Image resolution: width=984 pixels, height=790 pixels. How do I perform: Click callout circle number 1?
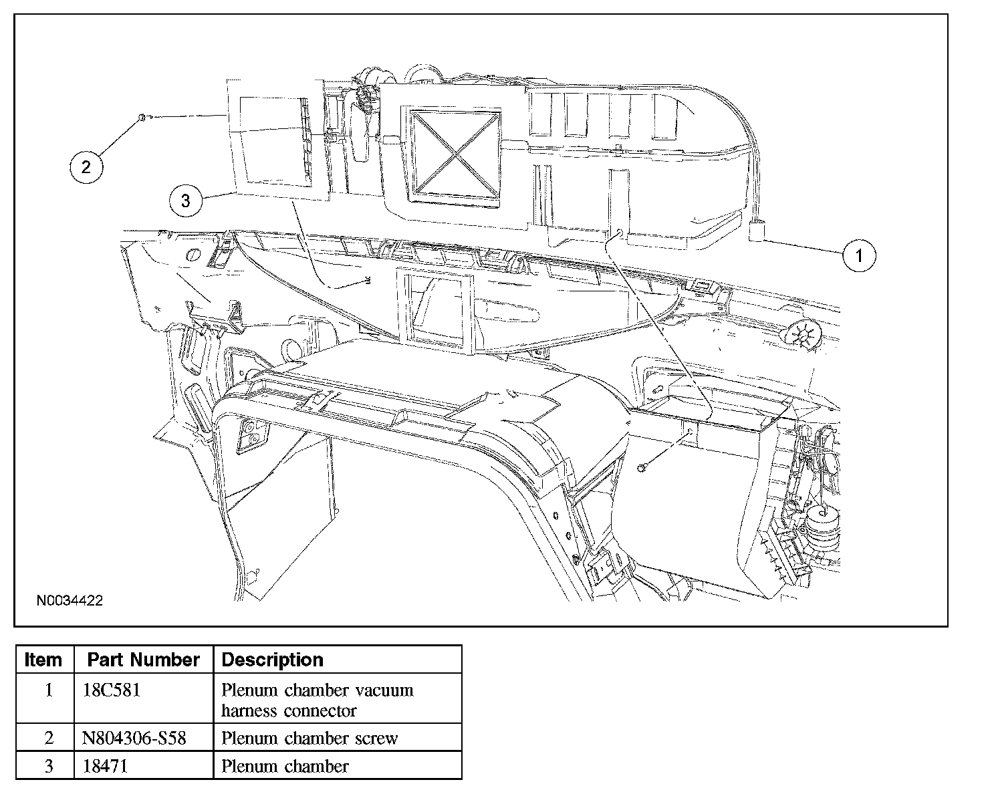pyautogui.click(x=859, y=255)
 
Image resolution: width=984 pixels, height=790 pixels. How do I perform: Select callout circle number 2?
pyautogui.click(x=86, y=166)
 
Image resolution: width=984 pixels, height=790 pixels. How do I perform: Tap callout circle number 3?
pyautogui.click(x=186, y=200)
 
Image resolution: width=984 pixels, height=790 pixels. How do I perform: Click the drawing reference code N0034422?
pyautogui.click(x=70, y=601)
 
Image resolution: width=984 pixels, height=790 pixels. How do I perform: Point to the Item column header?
pyautogui.click(x=43, y=660)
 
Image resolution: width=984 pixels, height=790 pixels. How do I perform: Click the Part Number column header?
pyautogui.click(x=143, y=660)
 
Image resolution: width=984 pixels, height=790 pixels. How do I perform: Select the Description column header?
pyautogui.click(x=272, y=660)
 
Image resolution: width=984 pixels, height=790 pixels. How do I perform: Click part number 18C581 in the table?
pyautogui.click(x=111, y=690)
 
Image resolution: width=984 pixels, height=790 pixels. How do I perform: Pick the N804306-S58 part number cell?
pyautogui.click(x=134, y=739)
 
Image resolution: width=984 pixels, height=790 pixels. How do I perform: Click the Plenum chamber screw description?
pyautogui.click(x=310, y=739)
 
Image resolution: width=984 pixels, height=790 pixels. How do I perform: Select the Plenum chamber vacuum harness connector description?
pyautogui.click(x=317, y=700)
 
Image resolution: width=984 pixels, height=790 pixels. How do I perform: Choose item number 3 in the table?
pyautogui.click(x=48, y=766)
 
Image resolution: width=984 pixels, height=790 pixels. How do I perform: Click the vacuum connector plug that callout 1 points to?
pyautogui.click(x=757, y=233)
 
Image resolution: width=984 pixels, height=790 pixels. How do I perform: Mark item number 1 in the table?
pyautogui.click(x=48, y=690)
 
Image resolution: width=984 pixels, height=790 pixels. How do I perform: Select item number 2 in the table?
pyautogui.click(x=48, y=739)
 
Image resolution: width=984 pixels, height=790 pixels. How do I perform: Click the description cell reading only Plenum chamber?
pyautogui.click(x=285, y=766)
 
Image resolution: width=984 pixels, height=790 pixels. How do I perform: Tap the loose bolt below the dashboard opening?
pyautogui.click(x=641, y=468)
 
